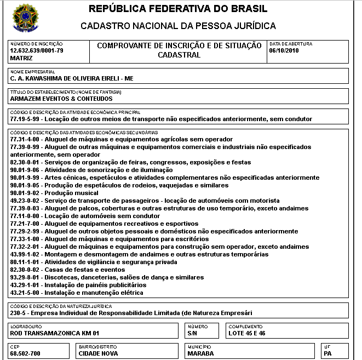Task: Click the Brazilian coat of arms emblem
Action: (24, 17)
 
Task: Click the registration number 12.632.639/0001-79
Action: (37, 50)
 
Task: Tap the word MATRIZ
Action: (22, 58)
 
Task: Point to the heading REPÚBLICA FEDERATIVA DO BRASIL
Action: (178, 9)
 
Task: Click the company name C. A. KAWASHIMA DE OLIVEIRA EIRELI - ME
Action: (72, 78)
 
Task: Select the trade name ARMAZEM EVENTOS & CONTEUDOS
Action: (61, 99)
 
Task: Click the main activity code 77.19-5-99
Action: (26, 119)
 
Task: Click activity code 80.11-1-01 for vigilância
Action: (26, 262)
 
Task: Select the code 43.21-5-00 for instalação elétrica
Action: (26, 293)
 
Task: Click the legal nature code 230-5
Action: (19, 313)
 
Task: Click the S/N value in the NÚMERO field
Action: (192, 333)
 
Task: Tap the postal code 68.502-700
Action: (26, 353)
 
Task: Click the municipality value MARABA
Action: (201, 353)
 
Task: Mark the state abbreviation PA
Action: (328, 353)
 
